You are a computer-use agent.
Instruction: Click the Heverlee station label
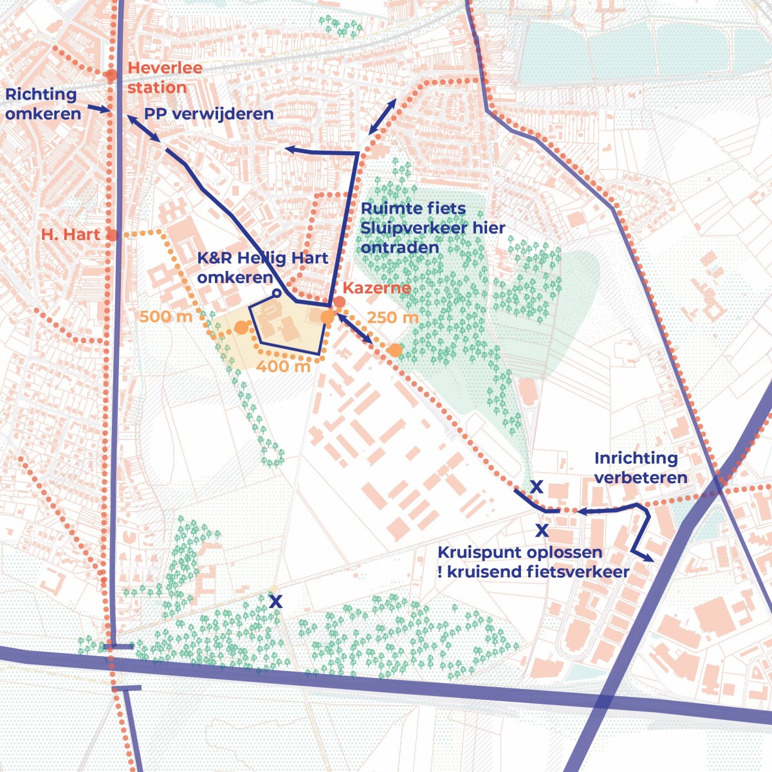(165, 78)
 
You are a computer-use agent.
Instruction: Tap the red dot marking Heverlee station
(111, 75)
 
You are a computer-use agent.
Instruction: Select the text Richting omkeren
(42, 104)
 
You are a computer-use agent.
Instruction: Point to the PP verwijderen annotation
(208, 115)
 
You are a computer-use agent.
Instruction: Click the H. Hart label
(71, 235)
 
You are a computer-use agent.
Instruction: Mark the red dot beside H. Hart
(112, 235)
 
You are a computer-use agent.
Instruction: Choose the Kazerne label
(376, 288)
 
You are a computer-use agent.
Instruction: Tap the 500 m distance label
(166, 317)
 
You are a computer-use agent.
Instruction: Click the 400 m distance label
(283, 367)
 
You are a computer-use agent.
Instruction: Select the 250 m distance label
(392, 318)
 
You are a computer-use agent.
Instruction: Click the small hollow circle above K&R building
(276, 293)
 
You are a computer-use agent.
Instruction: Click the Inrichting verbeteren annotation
(640, 468)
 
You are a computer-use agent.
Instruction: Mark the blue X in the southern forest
(275, 602)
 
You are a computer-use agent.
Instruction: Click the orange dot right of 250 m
(395, 350)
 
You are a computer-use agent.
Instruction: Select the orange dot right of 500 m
(241, 328)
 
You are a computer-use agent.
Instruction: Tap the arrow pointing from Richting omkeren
(100, 109)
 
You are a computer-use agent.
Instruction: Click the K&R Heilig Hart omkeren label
(262, 268)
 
